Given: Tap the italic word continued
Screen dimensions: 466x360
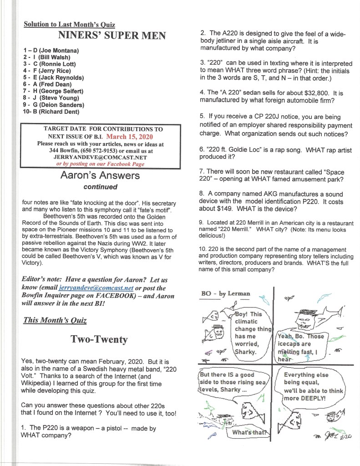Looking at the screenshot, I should click(100, 187).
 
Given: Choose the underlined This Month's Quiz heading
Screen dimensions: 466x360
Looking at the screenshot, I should click(55, 320).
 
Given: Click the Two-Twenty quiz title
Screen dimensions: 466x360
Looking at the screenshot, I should click(99, 339).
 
